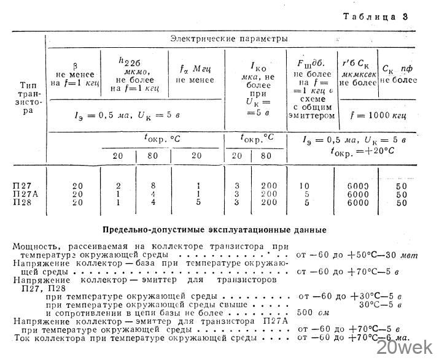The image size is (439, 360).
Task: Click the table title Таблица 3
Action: coord(375,17)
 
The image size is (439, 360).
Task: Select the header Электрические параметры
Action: coord(228,39)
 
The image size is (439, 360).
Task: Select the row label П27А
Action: coord(25,194)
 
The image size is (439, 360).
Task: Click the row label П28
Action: coord(23,202)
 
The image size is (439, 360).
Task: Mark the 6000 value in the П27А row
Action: coord(357,194)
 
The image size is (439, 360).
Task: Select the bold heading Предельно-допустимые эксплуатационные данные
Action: coord(214,229)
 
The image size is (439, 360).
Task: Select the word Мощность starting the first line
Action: coord(36,245)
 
